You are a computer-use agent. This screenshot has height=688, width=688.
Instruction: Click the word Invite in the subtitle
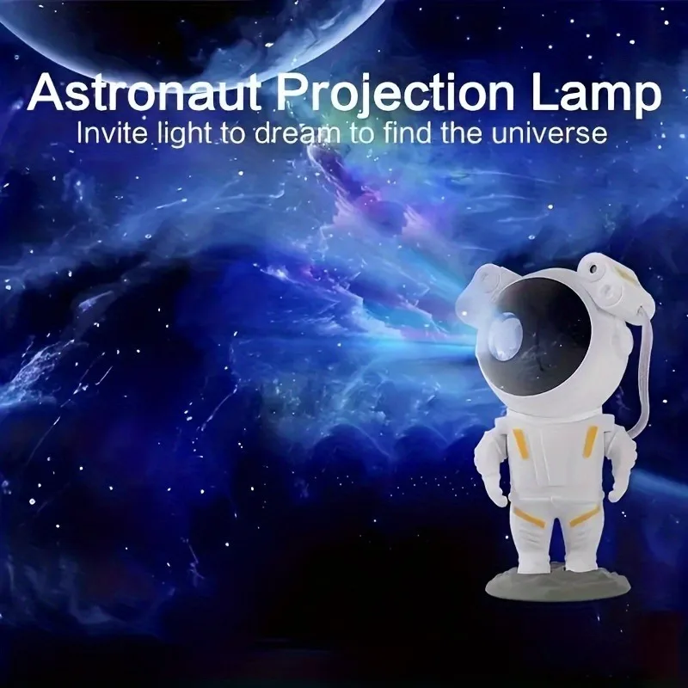[107, 133]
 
